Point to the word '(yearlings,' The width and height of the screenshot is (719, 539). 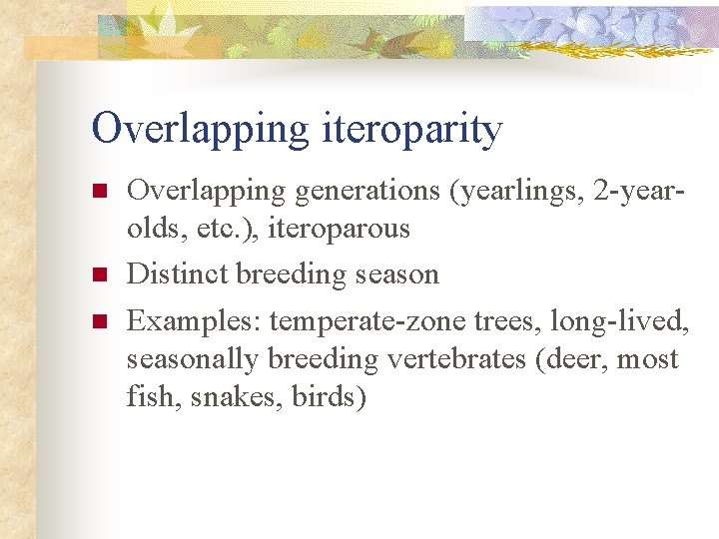(x=518, y=190)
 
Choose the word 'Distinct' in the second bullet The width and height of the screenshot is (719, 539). (x=177, y=273)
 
